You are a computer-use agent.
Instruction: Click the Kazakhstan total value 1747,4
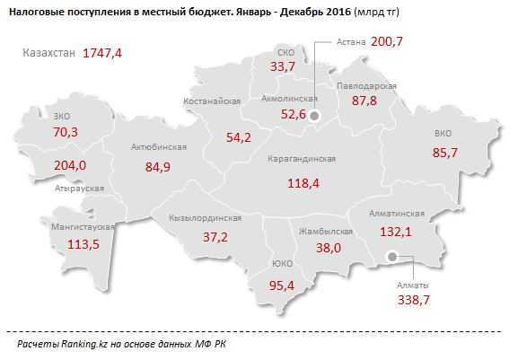[102, 53]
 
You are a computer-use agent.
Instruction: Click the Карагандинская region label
[302, 159]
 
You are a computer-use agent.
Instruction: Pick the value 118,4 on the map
[302, 182]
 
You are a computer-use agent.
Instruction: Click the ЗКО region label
[62, 116]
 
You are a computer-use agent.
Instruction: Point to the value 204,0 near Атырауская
[70, 165]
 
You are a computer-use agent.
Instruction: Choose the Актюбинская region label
[158, 146]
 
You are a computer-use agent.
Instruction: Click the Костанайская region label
[212, 102]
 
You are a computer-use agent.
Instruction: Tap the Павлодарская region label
[367, 84]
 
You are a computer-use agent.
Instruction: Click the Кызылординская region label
[205, 217]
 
